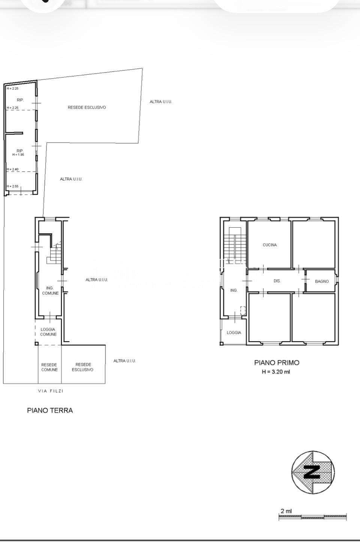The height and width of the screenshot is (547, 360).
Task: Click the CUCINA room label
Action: pos(270,245)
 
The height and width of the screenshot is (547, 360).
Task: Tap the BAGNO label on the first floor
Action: pos(322,281)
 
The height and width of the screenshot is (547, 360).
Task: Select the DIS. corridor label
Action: pos(277,281)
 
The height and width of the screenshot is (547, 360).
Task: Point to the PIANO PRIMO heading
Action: pos(277,363)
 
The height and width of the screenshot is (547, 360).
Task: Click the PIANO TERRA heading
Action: pos(50,411)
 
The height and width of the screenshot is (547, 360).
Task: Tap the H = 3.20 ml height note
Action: pos(276,372)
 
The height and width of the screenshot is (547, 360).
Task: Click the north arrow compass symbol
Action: pos(313,473)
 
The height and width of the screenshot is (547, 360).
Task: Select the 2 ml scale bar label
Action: pos(286,511)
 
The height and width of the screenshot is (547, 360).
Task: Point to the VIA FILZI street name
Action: pos(51,391)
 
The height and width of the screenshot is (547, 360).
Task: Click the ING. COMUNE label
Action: pos(50,291)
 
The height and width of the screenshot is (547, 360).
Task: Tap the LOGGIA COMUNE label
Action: pos(48,332)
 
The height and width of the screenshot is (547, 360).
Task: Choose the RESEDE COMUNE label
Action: pos(49,367)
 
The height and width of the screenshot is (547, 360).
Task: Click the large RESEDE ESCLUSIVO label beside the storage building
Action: pos(87,108)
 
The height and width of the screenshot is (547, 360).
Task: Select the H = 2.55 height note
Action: pos(12,186)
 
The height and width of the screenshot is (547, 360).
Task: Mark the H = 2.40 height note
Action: pos(12,169)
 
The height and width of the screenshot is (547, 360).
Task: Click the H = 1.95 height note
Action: pos(18,154)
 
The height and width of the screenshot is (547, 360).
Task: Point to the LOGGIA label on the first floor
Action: pos(234,333)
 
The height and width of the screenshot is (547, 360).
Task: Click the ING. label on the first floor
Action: pos(234,290)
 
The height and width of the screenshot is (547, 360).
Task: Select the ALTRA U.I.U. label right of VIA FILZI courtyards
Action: pos(124,361)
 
